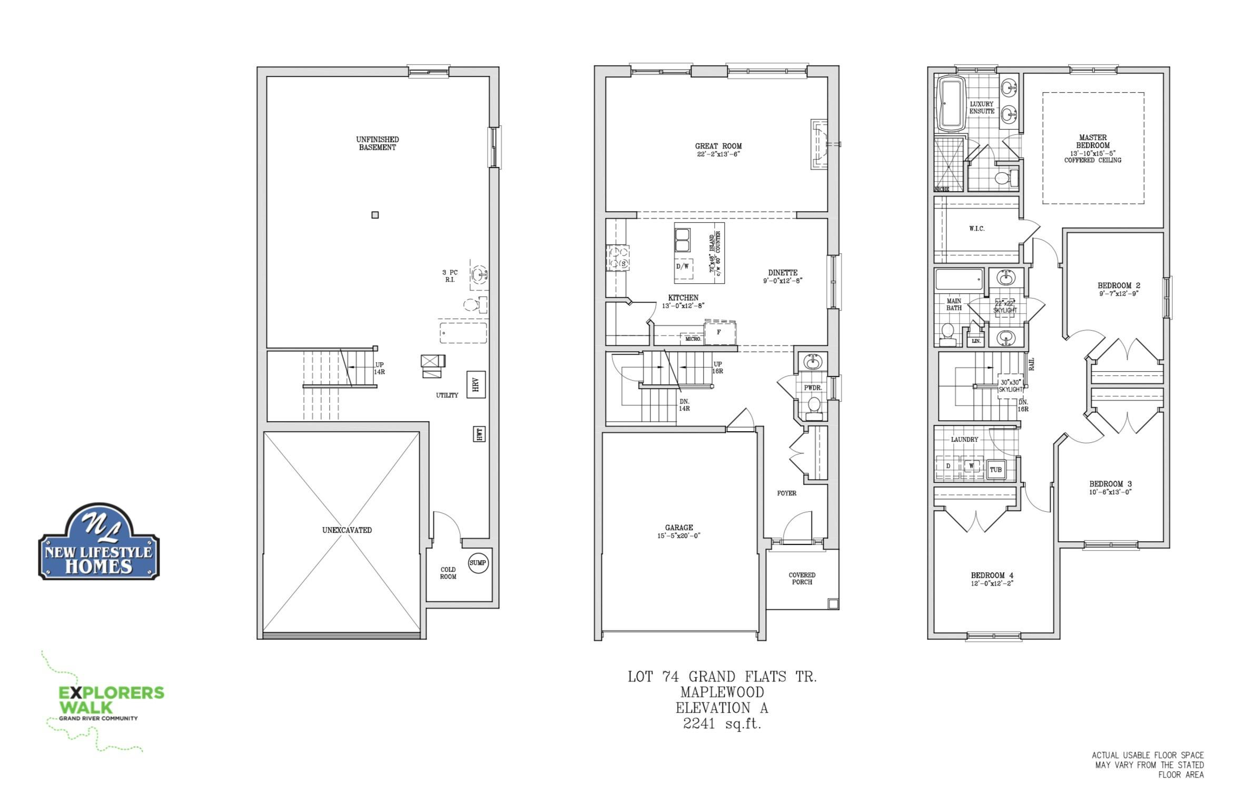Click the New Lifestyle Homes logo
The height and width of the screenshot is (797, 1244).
tap(98, 542)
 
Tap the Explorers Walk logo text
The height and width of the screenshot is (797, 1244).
tap(111, 699)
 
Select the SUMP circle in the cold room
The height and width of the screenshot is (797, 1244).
tap(478, 563)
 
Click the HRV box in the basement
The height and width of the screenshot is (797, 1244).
tap(476, 385)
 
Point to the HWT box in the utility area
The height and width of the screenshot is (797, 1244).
tap(479, 434)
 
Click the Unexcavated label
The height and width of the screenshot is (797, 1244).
tap(347, 530)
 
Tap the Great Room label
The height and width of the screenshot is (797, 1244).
tap(718, 146)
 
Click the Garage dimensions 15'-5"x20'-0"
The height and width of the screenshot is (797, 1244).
tap(679, 536)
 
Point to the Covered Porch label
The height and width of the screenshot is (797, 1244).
tap(802, 579)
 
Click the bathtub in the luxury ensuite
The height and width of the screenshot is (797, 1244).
tap(951, 103)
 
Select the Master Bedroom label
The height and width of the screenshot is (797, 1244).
tap(1093, 142)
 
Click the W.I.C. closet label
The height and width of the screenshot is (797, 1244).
tap(976, 228)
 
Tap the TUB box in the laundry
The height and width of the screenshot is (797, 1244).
tap(995, 470)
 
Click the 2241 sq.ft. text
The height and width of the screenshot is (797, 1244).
tap(722, 723)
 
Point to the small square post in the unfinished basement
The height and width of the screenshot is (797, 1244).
tap(375, 215)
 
